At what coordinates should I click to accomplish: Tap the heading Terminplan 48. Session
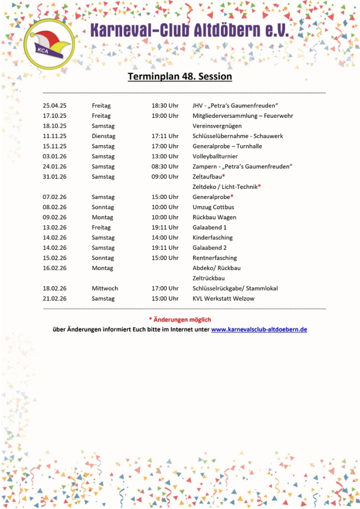pos(180,76)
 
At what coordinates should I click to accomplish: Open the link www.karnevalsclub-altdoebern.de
pos(259,329)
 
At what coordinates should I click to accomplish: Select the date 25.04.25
pos(54,106)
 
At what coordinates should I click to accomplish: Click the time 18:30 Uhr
pos(165,106)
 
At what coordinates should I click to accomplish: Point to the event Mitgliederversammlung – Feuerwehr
pos(243,116)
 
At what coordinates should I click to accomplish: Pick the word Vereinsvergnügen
pos(218,126)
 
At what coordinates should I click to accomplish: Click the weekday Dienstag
pos(103,136)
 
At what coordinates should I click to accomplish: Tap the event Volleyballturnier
pos(215,156)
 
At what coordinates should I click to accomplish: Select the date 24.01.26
pos(54,167)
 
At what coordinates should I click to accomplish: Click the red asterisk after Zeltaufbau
pos(224,176)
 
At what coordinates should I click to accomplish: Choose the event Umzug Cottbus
pos(213,207)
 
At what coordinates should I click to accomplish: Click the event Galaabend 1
pos(209,227)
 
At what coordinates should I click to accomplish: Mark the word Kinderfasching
pos(213,237)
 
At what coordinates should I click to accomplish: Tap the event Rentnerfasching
pos(215,258)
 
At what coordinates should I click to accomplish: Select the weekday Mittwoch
pos(105,288)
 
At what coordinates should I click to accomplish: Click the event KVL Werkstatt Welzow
pos(223,298)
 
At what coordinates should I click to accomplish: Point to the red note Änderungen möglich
pos(182,319)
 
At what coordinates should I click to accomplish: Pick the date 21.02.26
pos(54,298)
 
